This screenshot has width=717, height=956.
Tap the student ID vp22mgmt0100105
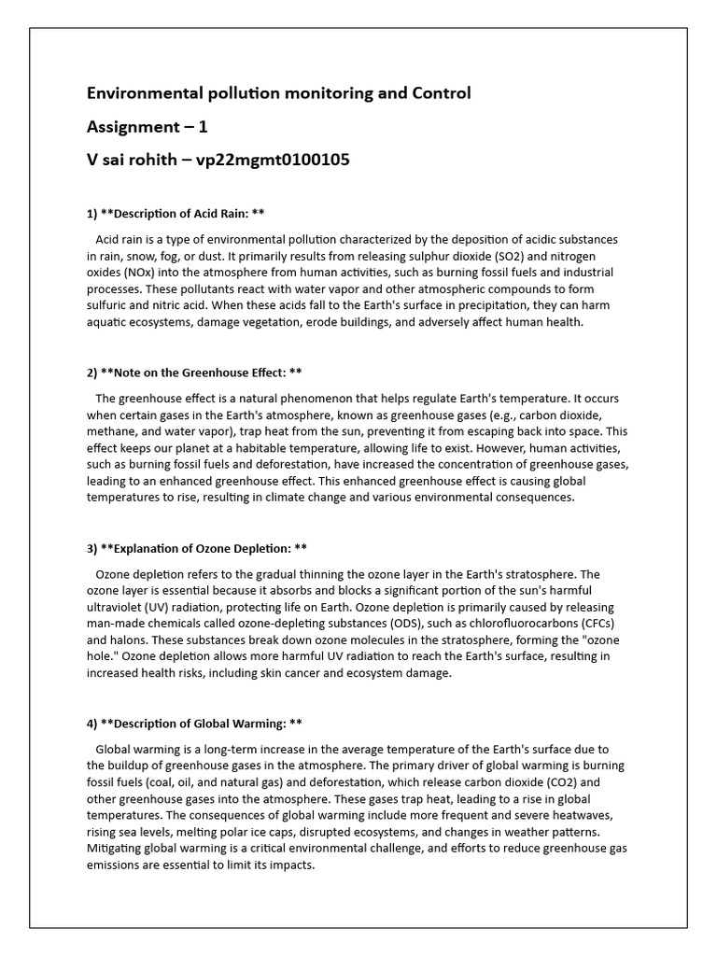(273, 160)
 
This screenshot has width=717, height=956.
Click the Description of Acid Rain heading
(176, 213)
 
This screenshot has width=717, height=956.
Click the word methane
(113, 432)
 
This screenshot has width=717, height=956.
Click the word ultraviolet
(118, 607)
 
